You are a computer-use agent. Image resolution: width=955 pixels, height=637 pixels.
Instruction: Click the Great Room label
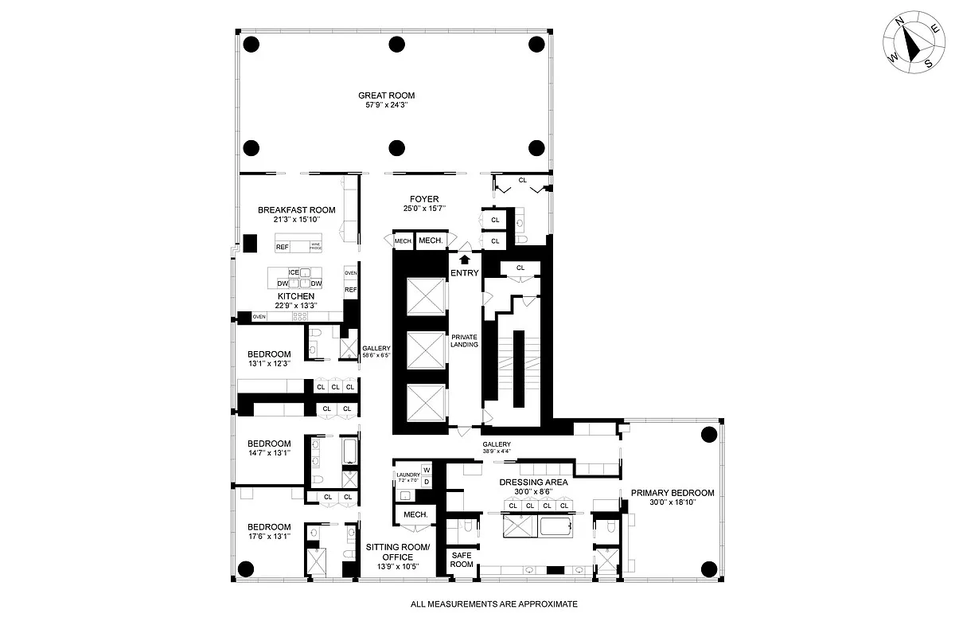tap(386, 96)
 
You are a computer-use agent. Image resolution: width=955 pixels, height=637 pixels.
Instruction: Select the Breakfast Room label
tap(296, 210)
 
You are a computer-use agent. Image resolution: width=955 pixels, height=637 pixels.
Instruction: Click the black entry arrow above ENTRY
tap(465, 258)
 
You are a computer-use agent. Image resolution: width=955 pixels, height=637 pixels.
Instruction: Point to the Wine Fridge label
tap(315, 247)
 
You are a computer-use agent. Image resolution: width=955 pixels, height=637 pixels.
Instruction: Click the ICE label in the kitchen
tap(294, 272)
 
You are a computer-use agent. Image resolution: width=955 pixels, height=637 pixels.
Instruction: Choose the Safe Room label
tap(462, 559)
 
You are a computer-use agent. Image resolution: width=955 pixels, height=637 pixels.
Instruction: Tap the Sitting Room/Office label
tap(397, 552)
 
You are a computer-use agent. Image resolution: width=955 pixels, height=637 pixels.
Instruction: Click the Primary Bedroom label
tap(672, 493)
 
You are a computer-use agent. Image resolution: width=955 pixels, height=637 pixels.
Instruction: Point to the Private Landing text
tap(464, 340)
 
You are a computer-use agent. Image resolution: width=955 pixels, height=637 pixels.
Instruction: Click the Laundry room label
tap(407, 475)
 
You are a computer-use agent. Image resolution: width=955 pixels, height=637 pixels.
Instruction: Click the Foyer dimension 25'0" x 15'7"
tap(424, 209)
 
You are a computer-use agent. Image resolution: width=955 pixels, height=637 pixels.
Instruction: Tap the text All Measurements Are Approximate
tap(493, 604)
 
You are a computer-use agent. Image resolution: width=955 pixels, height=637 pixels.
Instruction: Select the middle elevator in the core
tap(423, 348)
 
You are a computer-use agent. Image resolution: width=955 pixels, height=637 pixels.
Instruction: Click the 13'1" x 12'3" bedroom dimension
tap(268, 363)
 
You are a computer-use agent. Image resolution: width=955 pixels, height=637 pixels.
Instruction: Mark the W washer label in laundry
tap(426, 470)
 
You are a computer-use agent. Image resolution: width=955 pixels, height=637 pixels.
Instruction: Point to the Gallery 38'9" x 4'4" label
tap(497, 448)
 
